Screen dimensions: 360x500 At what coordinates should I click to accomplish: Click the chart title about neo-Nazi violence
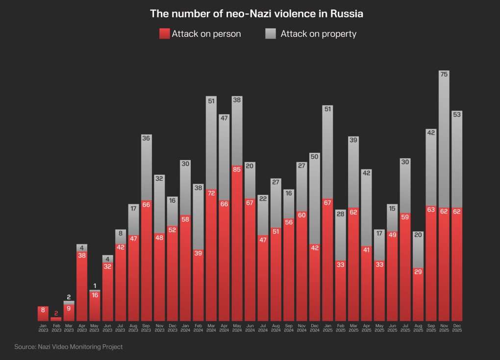coord(256,14)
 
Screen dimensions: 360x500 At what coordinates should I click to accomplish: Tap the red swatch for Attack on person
coord(164,34)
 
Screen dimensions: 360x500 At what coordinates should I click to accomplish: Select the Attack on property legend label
coord(318,34)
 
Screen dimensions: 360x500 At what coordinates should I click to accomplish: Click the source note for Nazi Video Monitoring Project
coord(68,347)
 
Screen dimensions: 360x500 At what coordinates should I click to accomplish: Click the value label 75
coord(444,74)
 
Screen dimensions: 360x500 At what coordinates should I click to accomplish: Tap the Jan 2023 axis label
coord(43,328)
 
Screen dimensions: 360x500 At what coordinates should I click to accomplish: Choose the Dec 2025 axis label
coord(457,328)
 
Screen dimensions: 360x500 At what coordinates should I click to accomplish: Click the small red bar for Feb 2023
coord(56,319)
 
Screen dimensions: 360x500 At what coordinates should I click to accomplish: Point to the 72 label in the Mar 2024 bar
coord(211,193)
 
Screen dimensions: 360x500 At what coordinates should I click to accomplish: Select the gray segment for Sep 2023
coord(146,169)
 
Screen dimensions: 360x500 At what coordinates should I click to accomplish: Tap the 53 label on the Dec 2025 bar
coord(457,114)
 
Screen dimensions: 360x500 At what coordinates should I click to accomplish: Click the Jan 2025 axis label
coord(327,328)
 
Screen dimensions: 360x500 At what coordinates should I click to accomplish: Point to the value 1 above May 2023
coord(95,286)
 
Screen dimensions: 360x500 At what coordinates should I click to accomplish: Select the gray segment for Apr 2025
coord(366,208)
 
